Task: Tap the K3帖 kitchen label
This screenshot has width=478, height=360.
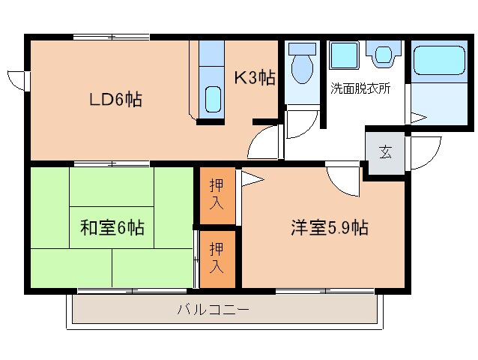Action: point(254,77)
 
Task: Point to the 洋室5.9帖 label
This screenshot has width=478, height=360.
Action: point(329,228)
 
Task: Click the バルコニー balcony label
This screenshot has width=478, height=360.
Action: point(213,309)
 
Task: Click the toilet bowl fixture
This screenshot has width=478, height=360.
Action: point(303,64)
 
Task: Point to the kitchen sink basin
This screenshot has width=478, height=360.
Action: point(213,100)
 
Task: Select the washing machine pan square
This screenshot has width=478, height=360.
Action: point(345,57)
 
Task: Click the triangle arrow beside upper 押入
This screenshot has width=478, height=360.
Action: point(250,179)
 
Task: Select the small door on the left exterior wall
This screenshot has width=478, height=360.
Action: point(16,79)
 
